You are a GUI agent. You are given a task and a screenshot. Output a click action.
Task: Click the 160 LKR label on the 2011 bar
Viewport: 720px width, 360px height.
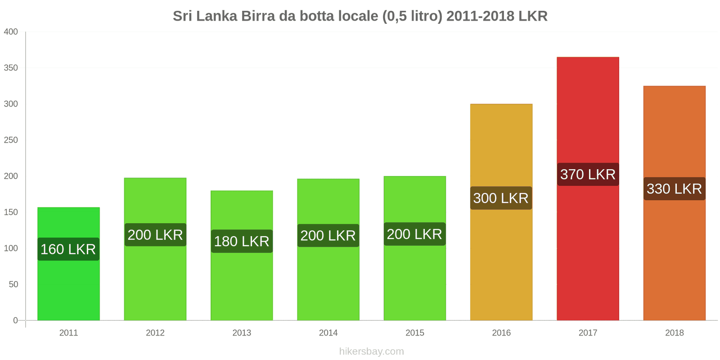(x=68, y=249)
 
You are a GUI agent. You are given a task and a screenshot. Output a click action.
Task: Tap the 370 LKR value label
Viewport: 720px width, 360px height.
(x=588, y=174)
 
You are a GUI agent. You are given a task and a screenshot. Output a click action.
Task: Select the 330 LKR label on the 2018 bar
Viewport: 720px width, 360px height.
(x=674, y=189)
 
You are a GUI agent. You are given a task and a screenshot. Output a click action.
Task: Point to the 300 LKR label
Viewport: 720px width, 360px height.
(x=501, y=198)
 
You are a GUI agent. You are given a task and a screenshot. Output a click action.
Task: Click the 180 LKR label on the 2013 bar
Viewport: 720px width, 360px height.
(x=242, y=241)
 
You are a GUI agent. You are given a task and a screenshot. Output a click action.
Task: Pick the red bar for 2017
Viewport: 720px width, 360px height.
(x=588, y=112)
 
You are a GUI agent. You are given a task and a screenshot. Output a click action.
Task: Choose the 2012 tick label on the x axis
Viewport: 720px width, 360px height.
(x=155, y=333)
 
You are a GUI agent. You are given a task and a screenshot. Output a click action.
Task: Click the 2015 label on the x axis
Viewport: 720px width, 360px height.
(x=414, y=333)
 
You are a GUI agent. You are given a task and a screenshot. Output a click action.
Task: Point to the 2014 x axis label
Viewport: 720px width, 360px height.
(x=328, y=333)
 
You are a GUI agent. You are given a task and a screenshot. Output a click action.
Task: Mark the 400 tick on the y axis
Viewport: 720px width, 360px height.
(x=11, y=32)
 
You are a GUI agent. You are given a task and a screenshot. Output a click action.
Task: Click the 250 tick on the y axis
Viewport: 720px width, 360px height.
(x=11, y=140)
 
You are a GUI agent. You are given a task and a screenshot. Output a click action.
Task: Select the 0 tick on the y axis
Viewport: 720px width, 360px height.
(x=15, y=320)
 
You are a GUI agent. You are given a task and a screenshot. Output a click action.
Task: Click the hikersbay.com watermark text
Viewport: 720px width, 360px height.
(x=371, y=351)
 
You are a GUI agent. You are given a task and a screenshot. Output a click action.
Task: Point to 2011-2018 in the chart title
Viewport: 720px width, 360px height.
(x=480, y=16)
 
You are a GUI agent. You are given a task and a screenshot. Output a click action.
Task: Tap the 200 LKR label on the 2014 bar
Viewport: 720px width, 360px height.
(x=328, y=235)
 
